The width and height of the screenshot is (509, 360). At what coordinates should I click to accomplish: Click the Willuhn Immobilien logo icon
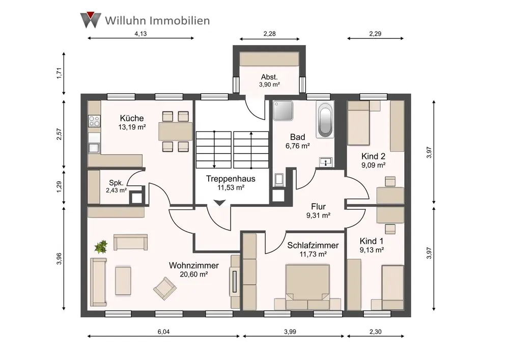pos(90,20)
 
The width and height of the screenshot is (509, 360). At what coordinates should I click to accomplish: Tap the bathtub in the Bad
pos(324,120)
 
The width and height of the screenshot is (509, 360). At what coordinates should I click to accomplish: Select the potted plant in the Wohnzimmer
pos(101,247)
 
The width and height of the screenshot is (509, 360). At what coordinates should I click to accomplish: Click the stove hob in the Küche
pos(94,121)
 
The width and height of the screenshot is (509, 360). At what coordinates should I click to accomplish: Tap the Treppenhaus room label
pos(231,179)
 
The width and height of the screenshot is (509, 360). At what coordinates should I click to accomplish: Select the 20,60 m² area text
pos(194,274)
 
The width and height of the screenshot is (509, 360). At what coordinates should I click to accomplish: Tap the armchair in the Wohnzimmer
pos(164,288)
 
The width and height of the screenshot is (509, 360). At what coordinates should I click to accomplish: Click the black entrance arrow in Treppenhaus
pos(219,203)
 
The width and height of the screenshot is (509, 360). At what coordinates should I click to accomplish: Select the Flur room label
pos(319,207)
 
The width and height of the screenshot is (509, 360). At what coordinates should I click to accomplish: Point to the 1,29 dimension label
pos(60,187)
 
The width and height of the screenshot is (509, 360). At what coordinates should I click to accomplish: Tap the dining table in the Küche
pos(176,131)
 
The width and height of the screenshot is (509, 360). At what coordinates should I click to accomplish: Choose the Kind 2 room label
pos(373,156)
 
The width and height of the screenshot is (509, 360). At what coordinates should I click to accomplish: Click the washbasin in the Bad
pos(326,162)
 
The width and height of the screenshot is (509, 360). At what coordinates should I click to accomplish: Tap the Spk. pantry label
pos(115,183)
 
